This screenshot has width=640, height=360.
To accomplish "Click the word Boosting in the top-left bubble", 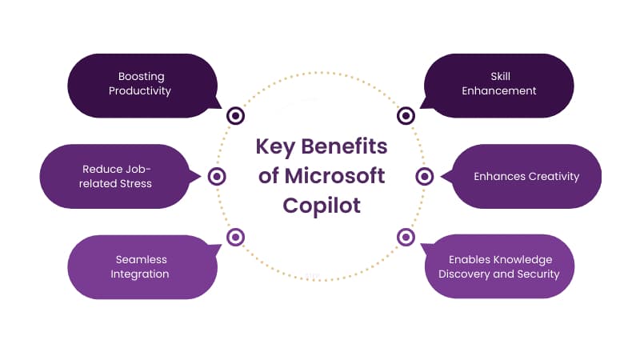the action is [142, 77].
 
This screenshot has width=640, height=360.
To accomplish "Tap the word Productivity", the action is [139, 91].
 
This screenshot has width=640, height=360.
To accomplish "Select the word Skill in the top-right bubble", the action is [501, 76].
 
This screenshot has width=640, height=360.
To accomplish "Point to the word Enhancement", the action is [498, 90].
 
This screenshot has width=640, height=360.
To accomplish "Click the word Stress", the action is [135, 184].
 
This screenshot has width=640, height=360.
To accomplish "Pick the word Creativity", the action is [553, 176].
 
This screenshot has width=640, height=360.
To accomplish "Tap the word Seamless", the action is [142, 259].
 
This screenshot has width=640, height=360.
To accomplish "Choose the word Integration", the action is [139, 274].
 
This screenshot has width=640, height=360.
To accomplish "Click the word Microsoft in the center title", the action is [334, 176].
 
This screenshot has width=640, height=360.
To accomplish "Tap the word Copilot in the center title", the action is [322, 206].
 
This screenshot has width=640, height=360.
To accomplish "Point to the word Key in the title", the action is [275, 147].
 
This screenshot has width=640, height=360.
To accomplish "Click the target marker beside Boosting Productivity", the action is [235, 116].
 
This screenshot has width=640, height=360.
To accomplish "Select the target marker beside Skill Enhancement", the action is [406, 116].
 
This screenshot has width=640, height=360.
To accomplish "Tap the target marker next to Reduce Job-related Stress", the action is [217, 177].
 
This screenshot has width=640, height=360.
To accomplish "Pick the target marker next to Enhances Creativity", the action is [425, 177].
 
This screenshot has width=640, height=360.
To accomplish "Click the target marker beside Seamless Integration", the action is [235, 237].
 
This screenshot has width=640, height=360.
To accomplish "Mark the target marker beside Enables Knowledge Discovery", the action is [406, 237].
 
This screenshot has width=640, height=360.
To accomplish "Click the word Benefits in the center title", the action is [344, 146].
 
